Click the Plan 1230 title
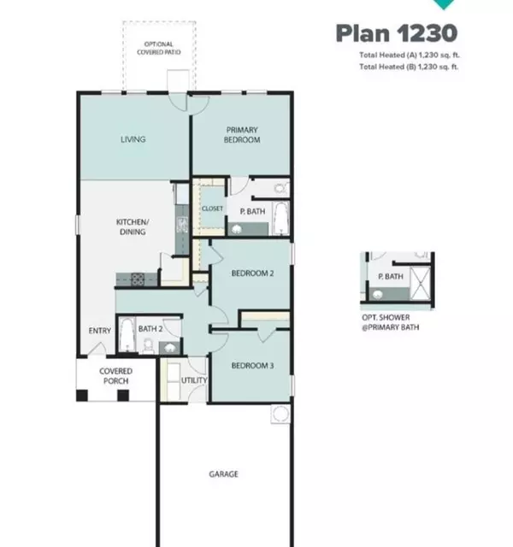[396, 33]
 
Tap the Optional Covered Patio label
[158, 49]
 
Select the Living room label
[133, 139]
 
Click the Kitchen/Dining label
[132, 226]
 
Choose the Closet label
[211, 208]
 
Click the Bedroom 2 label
[252, 274]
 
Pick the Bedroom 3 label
[252, 366]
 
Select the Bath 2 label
[150, 328]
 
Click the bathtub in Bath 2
[126, 334]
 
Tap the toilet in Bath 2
[148, 344]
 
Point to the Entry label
[99, 332]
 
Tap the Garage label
[224, 474]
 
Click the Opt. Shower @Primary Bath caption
[392, 321]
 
